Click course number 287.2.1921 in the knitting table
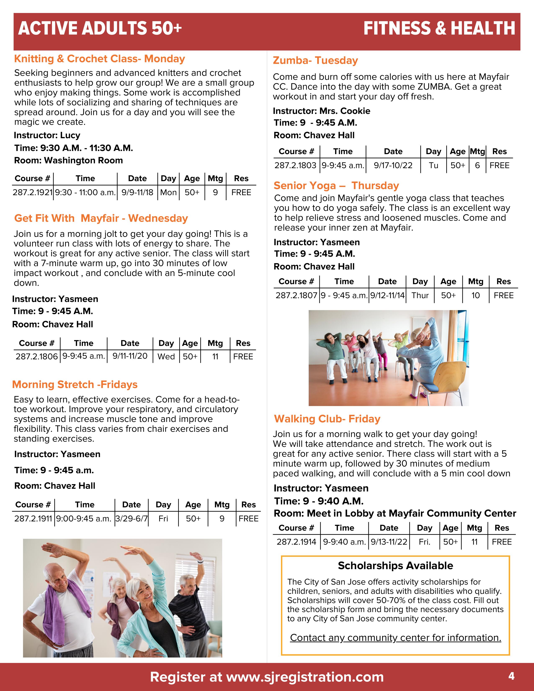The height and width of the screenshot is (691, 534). [32, 192]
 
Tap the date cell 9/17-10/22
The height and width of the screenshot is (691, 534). [393, 165]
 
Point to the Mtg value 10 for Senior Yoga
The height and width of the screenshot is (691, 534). [476, 295]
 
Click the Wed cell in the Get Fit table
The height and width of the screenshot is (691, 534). [166, 357]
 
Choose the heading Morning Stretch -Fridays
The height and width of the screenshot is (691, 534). [75, 384]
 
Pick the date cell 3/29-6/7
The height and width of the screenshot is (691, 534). [131, 519]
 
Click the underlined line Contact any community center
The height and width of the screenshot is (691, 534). [395, 638]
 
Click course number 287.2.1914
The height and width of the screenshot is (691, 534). [296, 542]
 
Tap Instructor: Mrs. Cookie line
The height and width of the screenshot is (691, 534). [321, 111]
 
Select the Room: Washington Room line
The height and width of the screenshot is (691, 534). [68, 160]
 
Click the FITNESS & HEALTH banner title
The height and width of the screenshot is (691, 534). [439, 28]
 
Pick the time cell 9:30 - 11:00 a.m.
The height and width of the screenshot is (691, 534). [85, 192]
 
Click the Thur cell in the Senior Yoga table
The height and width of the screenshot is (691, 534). [420, 295]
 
